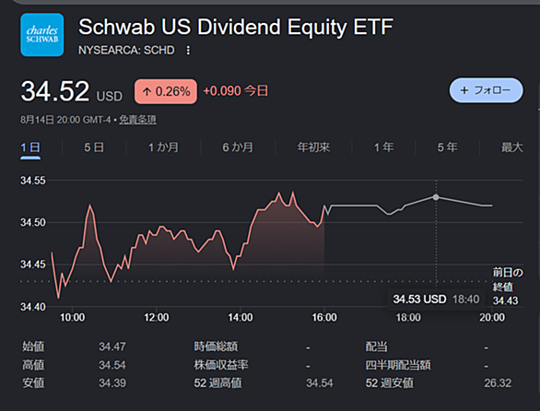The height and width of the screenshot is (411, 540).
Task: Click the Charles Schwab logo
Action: click(42, 35)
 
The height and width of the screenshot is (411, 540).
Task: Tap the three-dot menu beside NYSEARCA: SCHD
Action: click(188, 51)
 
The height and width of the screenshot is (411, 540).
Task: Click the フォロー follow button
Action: click(486, 90)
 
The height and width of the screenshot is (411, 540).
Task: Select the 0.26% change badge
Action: click(166, 91)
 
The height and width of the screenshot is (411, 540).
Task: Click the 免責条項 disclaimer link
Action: click(137, 120)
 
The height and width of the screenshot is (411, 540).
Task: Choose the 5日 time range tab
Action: click(94, 147)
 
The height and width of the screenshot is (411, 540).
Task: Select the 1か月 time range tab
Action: click(163, 147)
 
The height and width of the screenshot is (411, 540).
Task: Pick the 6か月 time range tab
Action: click(238, 147)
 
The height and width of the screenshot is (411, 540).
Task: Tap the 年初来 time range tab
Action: click(313, 147)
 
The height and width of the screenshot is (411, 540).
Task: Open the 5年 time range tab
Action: click(447, 147)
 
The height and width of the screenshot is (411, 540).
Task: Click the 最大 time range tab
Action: click(512, 147)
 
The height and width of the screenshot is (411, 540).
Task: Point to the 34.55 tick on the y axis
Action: click(33, 181)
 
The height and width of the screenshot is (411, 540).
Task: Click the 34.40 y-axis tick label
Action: click(33, 307)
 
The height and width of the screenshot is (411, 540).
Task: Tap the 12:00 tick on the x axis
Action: click(157, 317)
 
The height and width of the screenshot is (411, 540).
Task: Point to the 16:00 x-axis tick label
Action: click(324, 317)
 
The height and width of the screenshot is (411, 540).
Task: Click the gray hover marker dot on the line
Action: click(436, 197)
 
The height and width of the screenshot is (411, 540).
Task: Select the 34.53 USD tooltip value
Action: click(420, 299)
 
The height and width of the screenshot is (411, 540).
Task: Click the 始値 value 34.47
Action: click(112, 346)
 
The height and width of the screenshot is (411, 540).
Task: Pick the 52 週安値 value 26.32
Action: click(498, 382)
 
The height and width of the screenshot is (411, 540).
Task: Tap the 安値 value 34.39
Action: click(112, 382)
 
